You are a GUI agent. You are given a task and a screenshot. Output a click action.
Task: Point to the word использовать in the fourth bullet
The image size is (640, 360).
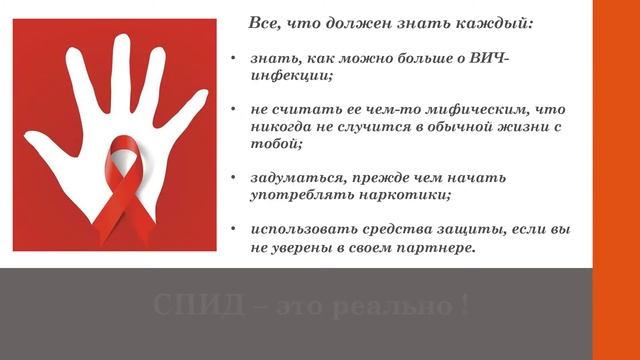(303, 229)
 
